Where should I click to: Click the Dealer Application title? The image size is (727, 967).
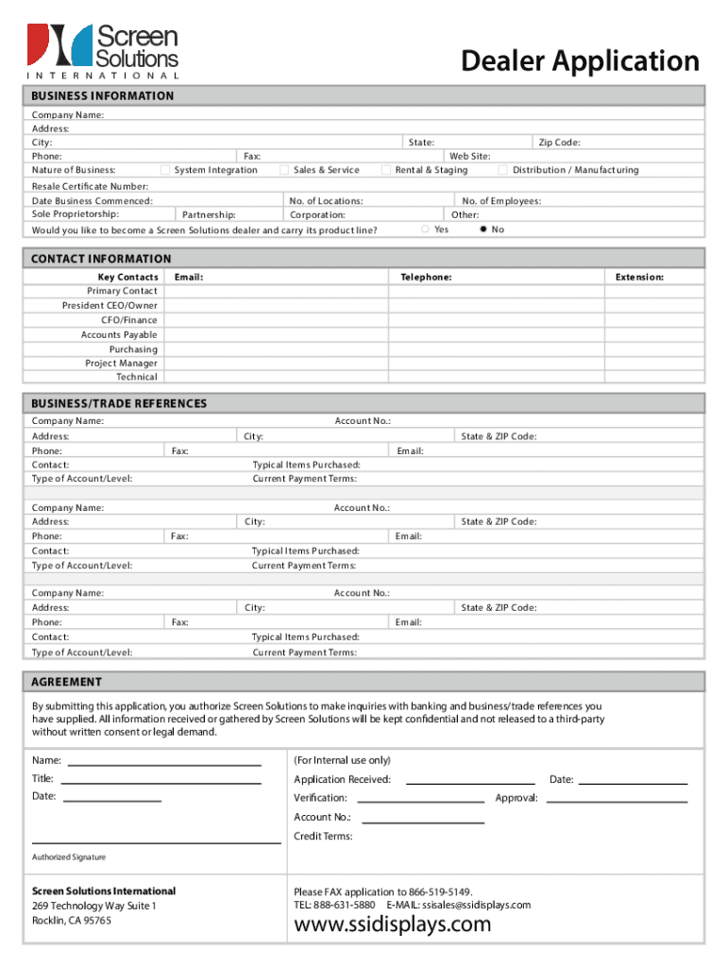coord(580,61)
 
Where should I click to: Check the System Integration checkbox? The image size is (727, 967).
coord(165,170)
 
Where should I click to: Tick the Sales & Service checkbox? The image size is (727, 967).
coord(284,170)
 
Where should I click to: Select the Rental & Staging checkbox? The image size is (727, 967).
coord(386,170)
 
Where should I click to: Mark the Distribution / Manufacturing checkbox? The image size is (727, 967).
coord(503,170)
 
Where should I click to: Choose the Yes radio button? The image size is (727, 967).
coord(425,229)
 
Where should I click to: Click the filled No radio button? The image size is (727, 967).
coord(483,229)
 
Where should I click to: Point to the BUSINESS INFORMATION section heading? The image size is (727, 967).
coord(103,95)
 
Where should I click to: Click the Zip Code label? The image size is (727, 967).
coord(559,143)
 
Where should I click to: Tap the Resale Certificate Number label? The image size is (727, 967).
coord(90,186)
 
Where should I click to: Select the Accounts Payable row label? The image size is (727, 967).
coord(119,334)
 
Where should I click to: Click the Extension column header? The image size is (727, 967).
coord(639,277)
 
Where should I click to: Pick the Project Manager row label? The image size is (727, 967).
coord(121,363)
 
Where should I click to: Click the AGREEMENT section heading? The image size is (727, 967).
coord(67,682)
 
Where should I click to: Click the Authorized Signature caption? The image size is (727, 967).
coord(69,857)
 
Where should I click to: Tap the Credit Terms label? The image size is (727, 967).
coord(323,836)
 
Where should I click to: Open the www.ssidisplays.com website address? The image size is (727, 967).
coord(393,924)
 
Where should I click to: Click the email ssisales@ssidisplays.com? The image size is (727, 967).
coord(476,905)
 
